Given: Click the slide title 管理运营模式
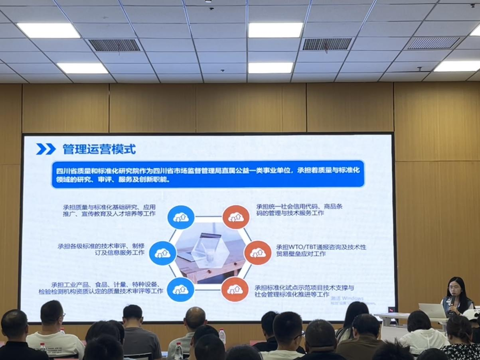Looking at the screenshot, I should [x=99, y=150].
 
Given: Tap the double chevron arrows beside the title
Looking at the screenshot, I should [x=46, y=149].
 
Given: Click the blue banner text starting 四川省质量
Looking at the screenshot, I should [x=207, y=175].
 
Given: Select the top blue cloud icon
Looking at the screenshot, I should [x=181, y=217].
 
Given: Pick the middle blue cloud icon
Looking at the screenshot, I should [x=162, y=253].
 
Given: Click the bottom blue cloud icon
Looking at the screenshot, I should [x=180, y=289].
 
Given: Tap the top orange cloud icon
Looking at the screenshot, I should [x=236, y=217].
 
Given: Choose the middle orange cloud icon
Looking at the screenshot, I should [x=257, y=252].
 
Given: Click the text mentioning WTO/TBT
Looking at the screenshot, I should [x=321, y=250].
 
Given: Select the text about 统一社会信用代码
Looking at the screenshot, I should [x=299, y=210].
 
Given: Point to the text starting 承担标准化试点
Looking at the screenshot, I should [x=304, y=291].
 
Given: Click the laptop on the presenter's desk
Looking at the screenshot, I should [x=432, y=311].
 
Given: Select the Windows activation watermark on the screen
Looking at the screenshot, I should [x=347, y=300].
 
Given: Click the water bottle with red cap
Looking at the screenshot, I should [x=222, y=336].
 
